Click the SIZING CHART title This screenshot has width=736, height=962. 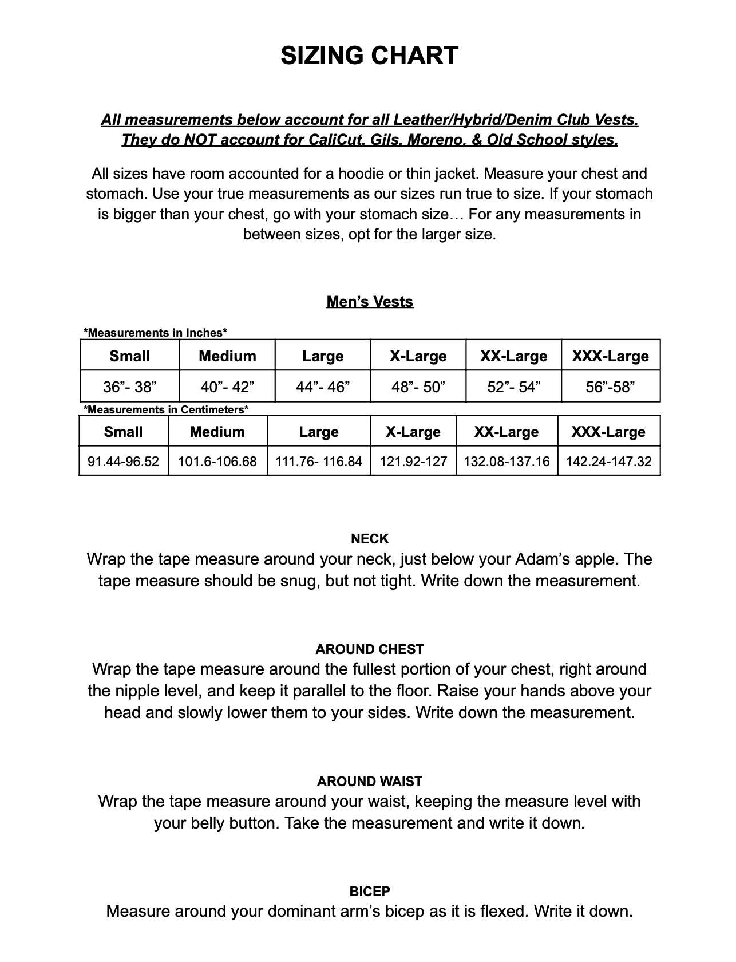(369, 56)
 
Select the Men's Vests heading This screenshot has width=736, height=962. (370, 302)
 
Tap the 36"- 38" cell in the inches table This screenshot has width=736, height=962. (130, 387)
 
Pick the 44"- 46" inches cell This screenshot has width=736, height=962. (323, 387)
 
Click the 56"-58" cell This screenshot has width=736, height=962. (610, 387)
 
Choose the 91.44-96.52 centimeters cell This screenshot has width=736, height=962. (124, 462)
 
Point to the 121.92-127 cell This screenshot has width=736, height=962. (413, 462)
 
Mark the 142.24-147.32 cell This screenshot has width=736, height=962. (609, 462)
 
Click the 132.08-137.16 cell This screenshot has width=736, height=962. (507, 462)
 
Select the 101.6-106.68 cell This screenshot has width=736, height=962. (217, 462)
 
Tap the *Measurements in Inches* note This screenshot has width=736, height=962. (156, 333)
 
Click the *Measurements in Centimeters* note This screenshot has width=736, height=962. (166, 409)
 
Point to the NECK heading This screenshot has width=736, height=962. (370, 539)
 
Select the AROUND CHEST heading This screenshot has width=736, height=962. (370, 649)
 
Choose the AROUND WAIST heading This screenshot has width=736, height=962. (370, 782)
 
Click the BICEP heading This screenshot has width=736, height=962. (370, 892)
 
